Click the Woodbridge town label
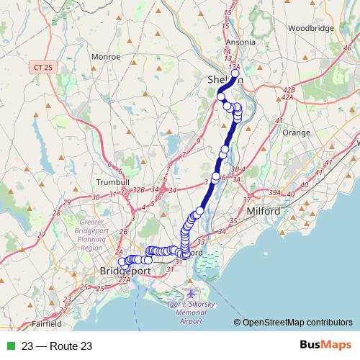click(x=308, y=28)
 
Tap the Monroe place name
click(x=107, y=55)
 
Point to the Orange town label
click(x=296, y=133)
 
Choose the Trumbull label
click(x=114, y=182)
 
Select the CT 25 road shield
click(x=44, y=66)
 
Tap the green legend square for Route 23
click(x=9, y=346)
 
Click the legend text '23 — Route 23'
click(x=57, y=346)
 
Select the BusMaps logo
click(x=323, y=346)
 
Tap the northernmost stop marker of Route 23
click(x=235, y=73)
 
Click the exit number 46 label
click(x=348, y=47)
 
